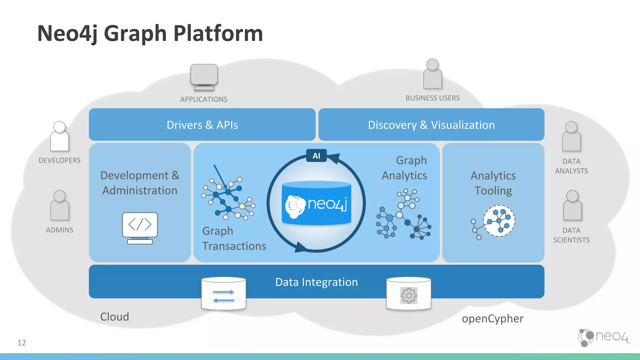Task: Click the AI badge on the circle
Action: [x=316, y=156]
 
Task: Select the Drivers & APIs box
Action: [x=202, y=125]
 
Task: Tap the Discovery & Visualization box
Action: [x=431, y=125]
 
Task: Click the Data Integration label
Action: [x=316, y=282]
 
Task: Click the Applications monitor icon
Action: [x=204, y=77]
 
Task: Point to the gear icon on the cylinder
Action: [x=409, y=295]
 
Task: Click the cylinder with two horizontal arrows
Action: [x=223, y=294]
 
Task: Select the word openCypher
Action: [x=492, y=319]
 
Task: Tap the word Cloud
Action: [x=114, y=317]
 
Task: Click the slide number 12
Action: [x=22, y=343]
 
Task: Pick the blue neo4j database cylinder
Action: [x=316, y=203]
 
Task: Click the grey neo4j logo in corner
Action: [x=603, y=337]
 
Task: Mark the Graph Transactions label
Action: [x=234, y=238]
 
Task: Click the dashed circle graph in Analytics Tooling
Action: [x=499, y=221]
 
